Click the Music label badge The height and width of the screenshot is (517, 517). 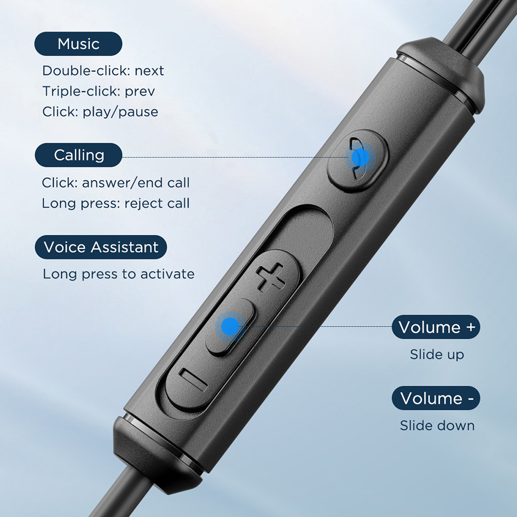(78, 44)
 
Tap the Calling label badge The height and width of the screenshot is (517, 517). (78, 155)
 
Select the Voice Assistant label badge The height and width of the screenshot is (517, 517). (101, 247)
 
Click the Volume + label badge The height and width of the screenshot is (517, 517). (436, 327)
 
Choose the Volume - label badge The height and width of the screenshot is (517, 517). (436, 398)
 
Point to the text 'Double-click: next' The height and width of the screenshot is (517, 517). (103, 71)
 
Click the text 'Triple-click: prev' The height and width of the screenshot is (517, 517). (98, 91)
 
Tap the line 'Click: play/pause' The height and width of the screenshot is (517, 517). (100, 112)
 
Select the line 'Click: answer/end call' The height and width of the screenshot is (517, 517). (116, 183)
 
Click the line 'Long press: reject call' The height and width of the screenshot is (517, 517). (116, 204)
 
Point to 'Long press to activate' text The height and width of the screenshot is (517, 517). (119, 274)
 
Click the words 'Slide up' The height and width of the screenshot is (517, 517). (437, 355)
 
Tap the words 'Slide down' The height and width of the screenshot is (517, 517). (437, 426)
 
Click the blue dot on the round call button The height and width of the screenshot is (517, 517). (361, 158)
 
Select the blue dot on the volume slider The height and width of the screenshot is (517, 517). (230, 327)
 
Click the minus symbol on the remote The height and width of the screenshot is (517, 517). (194, 380)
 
